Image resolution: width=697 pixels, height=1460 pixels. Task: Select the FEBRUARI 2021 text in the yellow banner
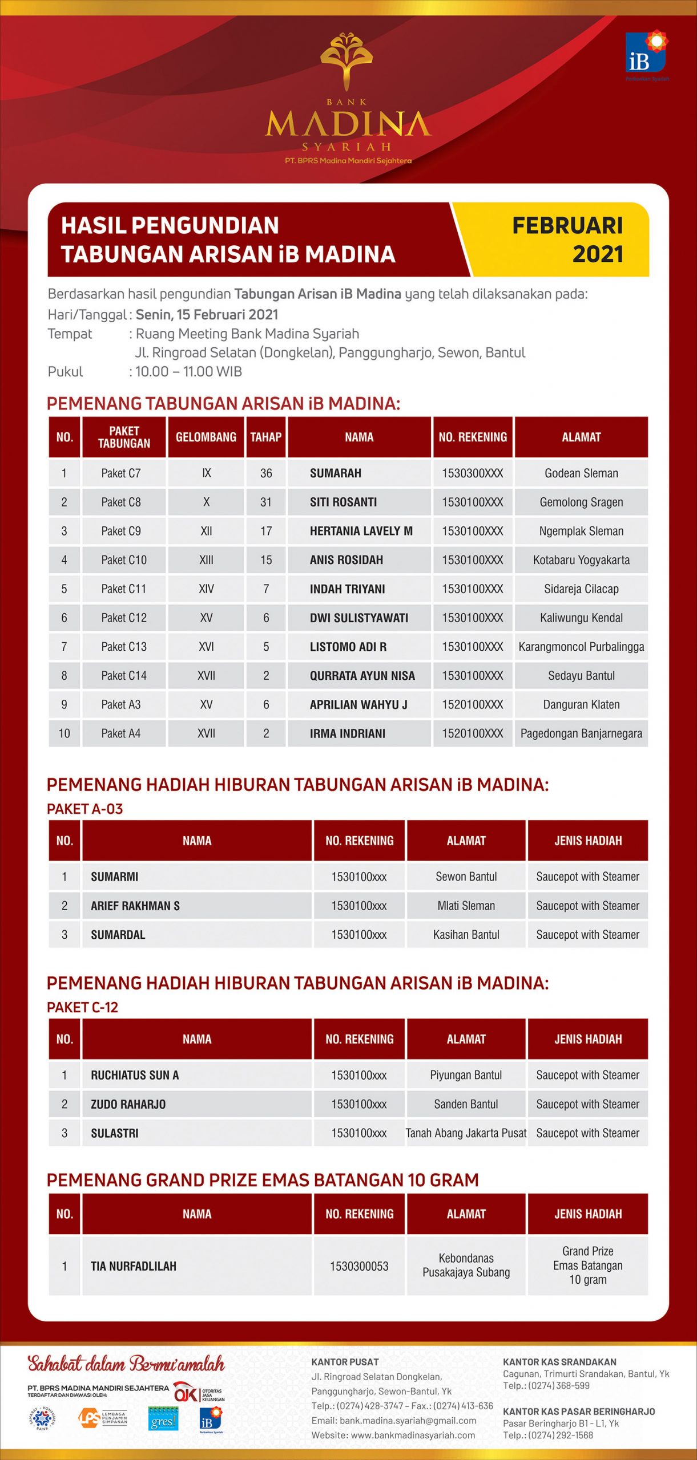[567, 240]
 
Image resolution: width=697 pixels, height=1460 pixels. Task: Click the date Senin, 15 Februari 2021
[207, 315]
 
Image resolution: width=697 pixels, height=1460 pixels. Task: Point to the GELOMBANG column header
[206, 437]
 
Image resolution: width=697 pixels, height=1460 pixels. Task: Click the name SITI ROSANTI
[343, 502]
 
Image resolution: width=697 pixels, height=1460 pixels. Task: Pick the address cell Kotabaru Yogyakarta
[581, 560]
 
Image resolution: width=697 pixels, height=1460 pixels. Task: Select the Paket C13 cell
[124, 647]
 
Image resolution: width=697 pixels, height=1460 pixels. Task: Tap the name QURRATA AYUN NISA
[362, 676]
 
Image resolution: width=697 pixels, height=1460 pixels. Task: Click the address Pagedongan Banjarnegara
[581, 733]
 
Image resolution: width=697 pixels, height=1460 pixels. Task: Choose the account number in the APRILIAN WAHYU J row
[472, 705]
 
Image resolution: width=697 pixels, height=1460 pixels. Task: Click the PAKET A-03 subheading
[84, 809]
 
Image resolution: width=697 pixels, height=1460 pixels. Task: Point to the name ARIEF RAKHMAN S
[135, 906]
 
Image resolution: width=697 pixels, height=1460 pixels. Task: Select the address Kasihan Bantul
[466, 935]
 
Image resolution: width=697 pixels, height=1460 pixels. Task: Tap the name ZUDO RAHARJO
[128, 1104]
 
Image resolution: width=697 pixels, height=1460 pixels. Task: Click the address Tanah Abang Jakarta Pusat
[466, 1133]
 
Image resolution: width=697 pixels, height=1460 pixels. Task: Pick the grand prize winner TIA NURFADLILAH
[134, 1266]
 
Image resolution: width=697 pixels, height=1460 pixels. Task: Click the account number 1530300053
[359, 1266]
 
